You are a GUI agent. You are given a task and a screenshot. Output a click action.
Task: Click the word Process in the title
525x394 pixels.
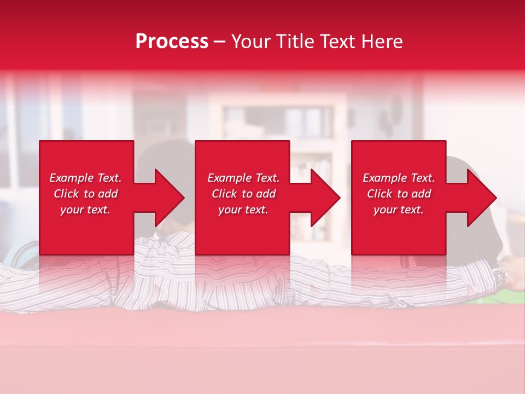click(172, 42)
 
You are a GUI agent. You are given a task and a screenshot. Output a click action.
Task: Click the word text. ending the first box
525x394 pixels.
click(100, 210)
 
